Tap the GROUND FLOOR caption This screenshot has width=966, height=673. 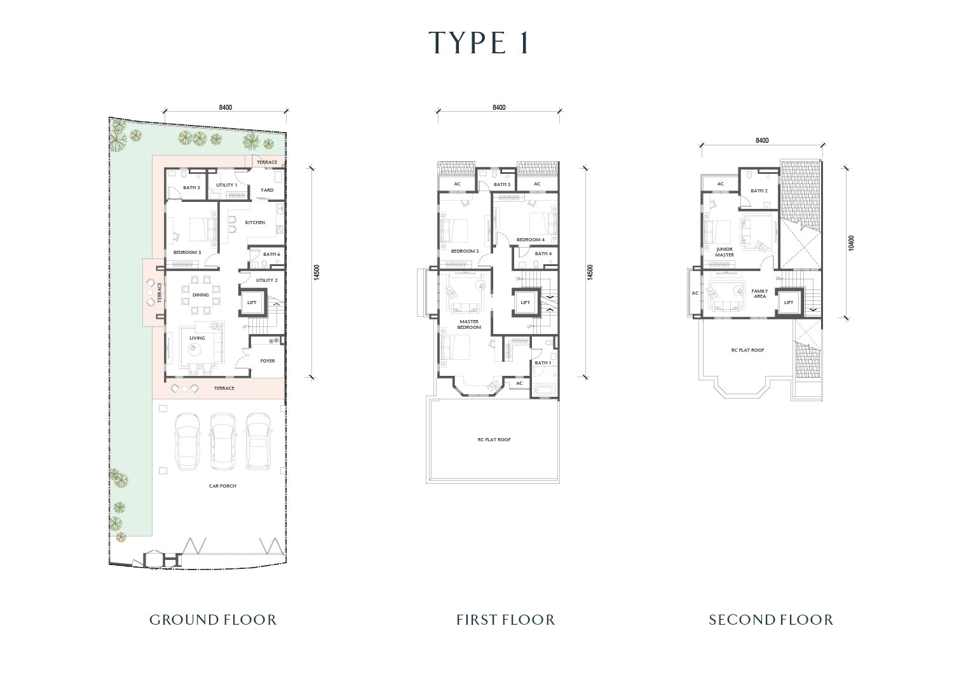pyautogui.click(x=213, y=620)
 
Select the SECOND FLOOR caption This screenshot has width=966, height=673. pyautogui.click(x=771, y=620)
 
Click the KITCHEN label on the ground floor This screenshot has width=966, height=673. pyautogui.click(x=255, y=222)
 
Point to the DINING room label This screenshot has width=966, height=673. pyautogui.click(x=201, y=295)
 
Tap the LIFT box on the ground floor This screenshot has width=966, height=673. pyautogui.click(x=252, y=302)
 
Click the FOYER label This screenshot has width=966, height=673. pyautogui.click(x=268, y=361)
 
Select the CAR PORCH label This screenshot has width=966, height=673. pyautogui.click(x=222, y=486)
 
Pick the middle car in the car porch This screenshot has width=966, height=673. pyautogui.click(x=223, y=442)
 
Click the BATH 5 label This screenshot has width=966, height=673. pyautogui.click(x=191, y=187)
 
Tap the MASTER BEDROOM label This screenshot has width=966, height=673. pyautogui.click(x=469, y=324)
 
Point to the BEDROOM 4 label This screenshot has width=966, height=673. pyautogui.click(x=531, y=239)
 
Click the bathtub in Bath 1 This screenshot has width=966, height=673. pyautogui.click(x=545, y=391)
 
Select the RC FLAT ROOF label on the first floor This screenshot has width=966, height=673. pyautogui.click(x=494, y=439)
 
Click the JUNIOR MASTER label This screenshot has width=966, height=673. pyautogui.click(x=724, y=252)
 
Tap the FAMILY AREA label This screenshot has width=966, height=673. pyautogui.click(x=760, y=293)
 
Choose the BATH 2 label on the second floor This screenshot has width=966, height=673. pyautogui.click(x=759, y=190)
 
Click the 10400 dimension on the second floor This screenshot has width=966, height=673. pyautogui.click(x=851, y=243)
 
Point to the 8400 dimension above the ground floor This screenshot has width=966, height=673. pyautogui.click(x=226, y=107)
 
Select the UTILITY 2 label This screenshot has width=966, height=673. pyautogui.click(x=266, y=280)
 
